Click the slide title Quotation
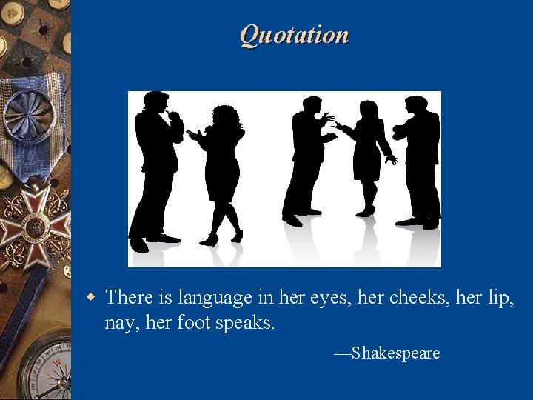pyautogui.click(x=294, y=35)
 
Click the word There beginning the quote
pyautogui.click(x=129, y=298)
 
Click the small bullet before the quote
pyautogui.click(x=91, y=298)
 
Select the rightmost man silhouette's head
pyautogui.click(x=416, y=106)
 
